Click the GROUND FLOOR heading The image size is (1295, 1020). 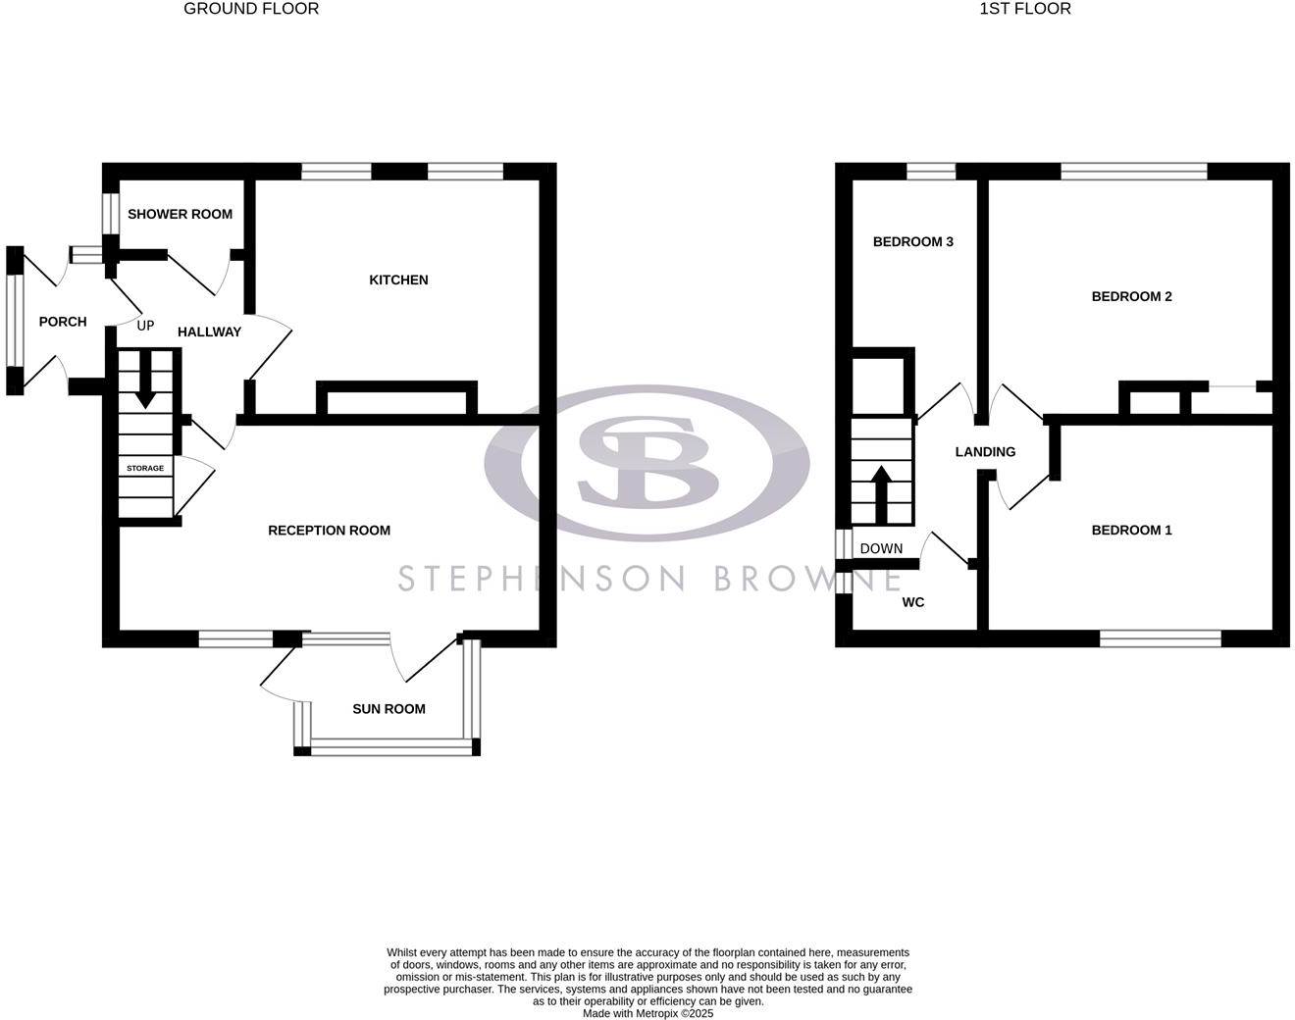251,9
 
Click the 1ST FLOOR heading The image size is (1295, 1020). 1025,9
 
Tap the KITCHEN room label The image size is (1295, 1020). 398,280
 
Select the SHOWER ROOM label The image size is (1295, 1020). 180,214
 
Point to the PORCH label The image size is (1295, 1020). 63,322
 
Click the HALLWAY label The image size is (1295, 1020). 209,332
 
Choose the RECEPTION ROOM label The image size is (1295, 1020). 329,531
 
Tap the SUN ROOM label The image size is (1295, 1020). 388,709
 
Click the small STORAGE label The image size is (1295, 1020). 145,469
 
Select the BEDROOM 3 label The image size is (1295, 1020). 912,242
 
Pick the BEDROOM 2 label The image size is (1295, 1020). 1131,297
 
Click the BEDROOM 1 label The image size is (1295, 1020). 1131,531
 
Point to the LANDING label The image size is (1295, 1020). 985,452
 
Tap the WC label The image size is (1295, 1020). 912,602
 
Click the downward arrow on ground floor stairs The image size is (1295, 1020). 145,382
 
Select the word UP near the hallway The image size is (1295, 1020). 145,326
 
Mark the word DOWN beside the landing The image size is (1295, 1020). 880,549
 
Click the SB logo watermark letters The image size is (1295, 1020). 647,461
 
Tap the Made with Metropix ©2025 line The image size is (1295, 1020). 647,1013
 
